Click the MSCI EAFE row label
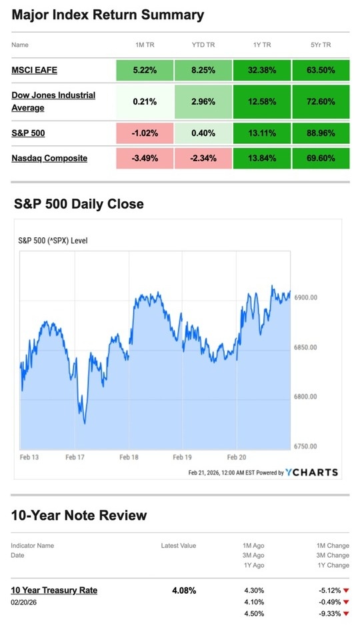[34, 70]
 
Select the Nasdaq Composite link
[49, 158]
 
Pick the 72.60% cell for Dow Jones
[320, 101]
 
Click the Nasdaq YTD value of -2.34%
[203, 158]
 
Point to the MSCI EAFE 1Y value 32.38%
[261, 70]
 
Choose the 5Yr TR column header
[320, 45]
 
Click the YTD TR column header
[203, 45]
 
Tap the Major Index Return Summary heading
[108, 15]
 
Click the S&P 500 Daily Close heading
[79, 204]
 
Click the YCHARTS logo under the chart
[311, 472]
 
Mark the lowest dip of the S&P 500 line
[85, 422]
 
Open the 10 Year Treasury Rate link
[54, 590]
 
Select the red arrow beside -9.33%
[346, 614]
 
